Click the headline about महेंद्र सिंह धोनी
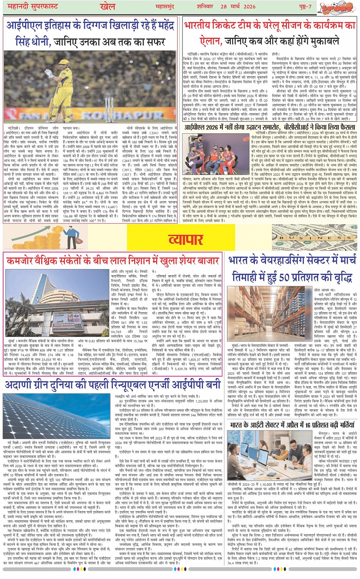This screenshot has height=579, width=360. (90, 34)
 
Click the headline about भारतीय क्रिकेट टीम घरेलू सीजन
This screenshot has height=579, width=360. (269, 33)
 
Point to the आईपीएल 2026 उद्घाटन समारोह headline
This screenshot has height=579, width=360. (270, 127)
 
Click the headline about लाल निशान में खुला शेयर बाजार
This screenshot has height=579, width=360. (113, 261)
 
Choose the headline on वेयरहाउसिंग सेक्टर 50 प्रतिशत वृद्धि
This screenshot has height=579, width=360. (292, 269)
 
